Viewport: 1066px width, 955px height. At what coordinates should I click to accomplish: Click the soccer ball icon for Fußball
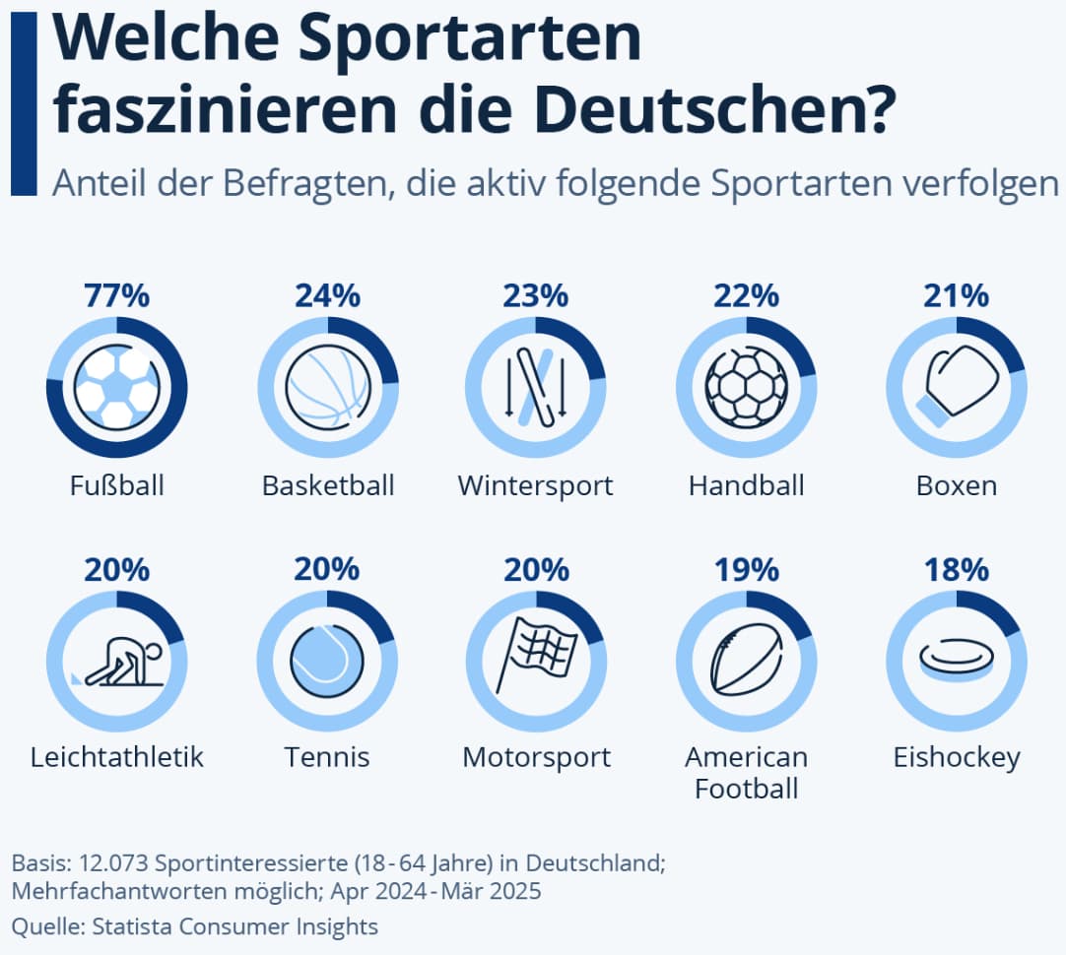(x=116, y=388)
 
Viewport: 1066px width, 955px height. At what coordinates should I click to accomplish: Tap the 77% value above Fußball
(x=116, y=295)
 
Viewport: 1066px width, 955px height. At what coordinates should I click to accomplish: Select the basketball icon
(x=327, y=388)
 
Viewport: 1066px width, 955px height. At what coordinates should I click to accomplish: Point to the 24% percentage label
(x=327, y=295)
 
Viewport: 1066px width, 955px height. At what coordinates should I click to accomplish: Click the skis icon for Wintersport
(x=537, y=388)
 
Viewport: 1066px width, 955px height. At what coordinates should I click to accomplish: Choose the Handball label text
(x=747, y=485)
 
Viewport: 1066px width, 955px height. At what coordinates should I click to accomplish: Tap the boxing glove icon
(x=957, y=386)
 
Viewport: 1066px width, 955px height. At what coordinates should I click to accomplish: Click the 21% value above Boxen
(x=957, y=295)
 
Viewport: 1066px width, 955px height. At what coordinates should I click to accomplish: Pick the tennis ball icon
(x=327, y=661)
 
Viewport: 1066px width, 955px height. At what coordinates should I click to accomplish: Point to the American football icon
(x=747, y=662)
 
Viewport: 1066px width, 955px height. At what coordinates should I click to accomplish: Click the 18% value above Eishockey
(x=957, y=569)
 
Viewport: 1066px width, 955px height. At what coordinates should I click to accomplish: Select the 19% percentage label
(x=747, y=569)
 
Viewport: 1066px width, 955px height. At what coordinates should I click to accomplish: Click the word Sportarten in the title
(x=469, y=39)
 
